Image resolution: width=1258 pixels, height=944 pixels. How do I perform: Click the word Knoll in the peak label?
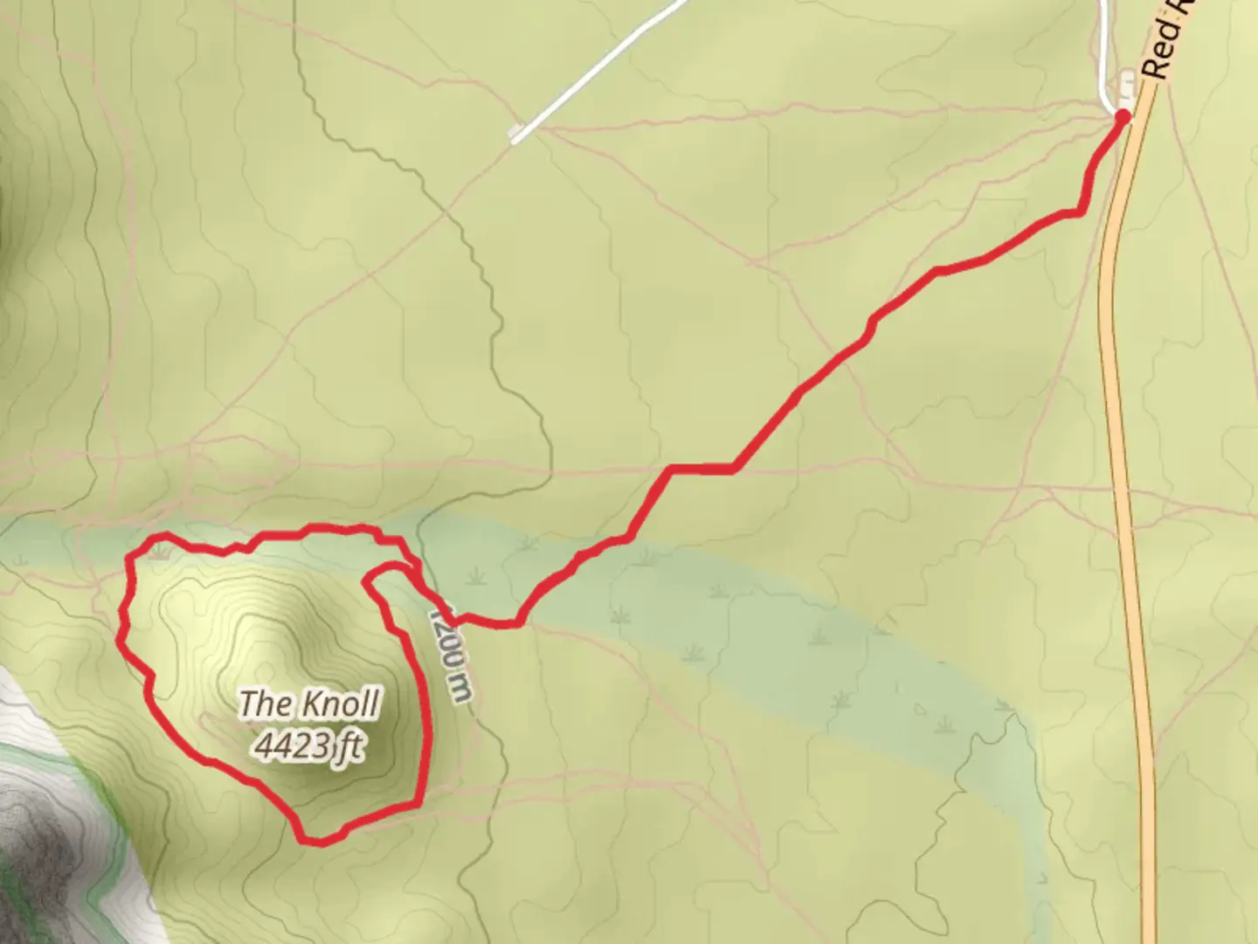(x=342, y=704)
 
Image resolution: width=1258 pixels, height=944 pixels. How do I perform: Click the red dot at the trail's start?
(x=1123, y=115)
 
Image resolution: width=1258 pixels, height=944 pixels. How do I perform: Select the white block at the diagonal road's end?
(x=518, y=134)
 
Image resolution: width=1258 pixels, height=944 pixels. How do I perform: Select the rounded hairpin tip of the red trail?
(x=370, y=576)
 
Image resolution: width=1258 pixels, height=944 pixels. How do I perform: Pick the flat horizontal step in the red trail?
(x=703, y=469)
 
